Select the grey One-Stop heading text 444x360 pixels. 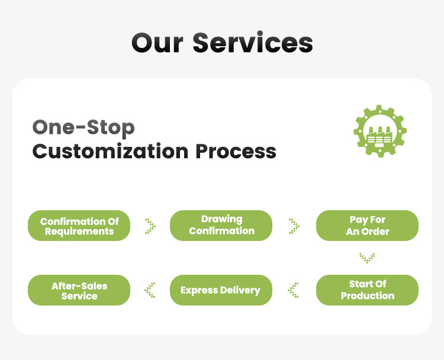click(83, 127)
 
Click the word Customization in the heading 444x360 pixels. click(110, 151)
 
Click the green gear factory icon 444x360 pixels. click(380, 131)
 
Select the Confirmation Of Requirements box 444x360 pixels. click(79, 226)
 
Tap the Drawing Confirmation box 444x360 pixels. click(221, 226)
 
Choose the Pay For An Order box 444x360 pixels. click(367, 226)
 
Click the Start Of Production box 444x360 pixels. click(367, 290)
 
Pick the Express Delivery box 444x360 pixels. click(220, 290)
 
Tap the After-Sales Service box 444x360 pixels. click(79, 290)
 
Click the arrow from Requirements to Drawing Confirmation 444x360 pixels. click(150, 226)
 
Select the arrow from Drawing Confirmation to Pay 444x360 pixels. click(294, 226)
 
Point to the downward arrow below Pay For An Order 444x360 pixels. click(367, 258)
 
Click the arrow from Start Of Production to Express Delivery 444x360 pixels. click(294, 290)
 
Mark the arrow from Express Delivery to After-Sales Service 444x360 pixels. click(150, 290)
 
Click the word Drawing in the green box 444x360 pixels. click(221, 220)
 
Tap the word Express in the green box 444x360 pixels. click(199, 290)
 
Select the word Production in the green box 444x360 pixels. click(367, 295)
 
